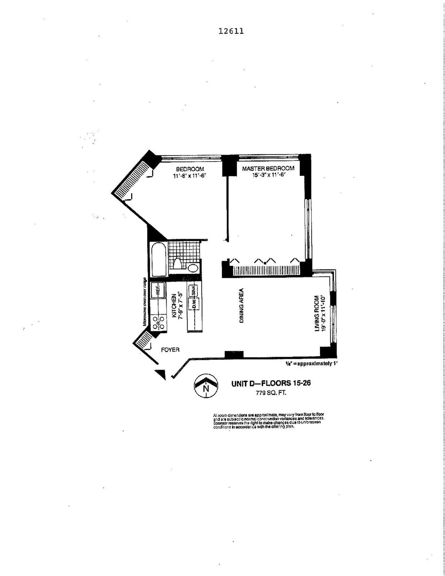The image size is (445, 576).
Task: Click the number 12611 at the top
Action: (231, 31)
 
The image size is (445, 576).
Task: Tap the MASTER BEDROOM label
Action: (268, 168)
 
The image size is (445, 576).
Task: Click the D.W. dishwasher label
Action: (193, 304)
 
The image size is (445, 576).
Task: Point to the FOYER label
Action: (170, 349)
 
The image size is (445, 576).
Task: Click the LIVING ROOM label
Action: (317, 314)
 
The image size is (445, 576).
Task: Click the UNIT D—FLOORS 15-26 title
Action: (271, 384)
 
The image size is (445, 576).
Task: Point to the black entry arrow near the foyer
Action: (161, 374)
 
